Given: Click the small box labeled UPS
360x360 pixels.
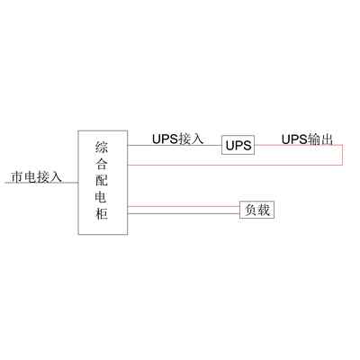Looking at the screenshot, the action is pos(238,145).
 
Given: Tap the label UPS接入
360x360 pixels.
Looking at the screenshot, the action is pos(177,139).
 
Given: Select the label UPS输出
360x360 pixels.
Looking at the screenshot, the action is pos(307,139).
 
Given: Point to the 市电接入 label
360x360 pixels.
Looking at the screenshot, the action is pos(36,176).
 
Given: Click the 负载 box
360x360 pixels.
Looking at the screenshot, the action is pos(256,210).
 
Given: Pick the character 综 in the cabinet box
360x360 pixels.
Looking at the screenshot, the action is pos(102,148).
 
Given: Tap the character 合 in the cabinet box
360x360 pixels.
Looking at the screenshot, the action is pos(102,164).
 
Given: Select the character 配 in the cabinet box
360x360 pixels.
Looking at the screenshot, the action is pos(102,180).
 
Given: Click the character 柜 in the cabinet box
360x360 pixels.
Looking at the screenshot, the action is pos(102,213).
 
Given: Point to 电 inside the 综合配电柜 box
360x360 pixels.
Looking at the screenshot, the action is pos(102,197).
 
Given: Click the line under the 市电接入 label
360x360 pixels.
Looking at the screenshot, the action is pos(41,183).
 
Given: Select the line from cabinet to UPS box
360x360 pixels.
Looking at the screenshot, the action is pos(175,146).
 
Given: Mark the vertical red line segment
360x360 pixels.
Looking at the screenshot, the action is pos(342,155).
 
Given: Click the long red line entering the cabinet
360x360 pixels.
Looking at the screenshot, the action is pos(235,165).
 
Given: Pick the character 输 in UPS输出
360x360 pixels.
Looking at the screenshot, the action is pos(314,139).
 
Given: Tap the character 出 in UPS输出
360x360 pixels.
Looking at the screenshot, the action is pos(327,139).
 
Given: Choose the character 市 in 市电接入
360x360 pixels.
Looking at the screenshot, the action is pos(17,176).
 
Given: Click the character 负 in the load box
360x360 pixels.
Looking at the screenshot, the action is pos(251,210).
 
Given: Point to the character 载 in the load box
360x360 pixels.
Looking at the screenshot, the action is pos(264,210).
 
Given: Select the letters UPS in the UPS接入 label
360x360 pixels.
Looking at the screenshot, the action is pos(165,139).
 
